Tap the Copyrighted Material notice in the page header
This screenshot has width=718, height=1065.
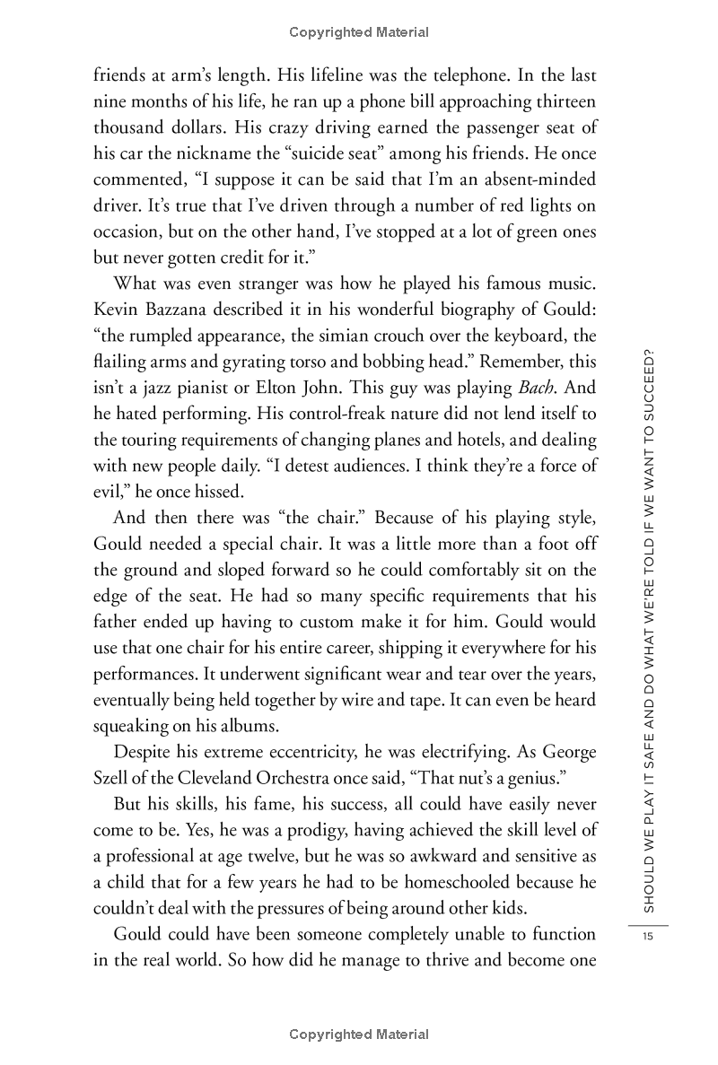pos(359,32)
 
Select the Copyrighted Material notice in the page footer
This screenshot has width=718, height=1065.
pos(359,1034)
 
